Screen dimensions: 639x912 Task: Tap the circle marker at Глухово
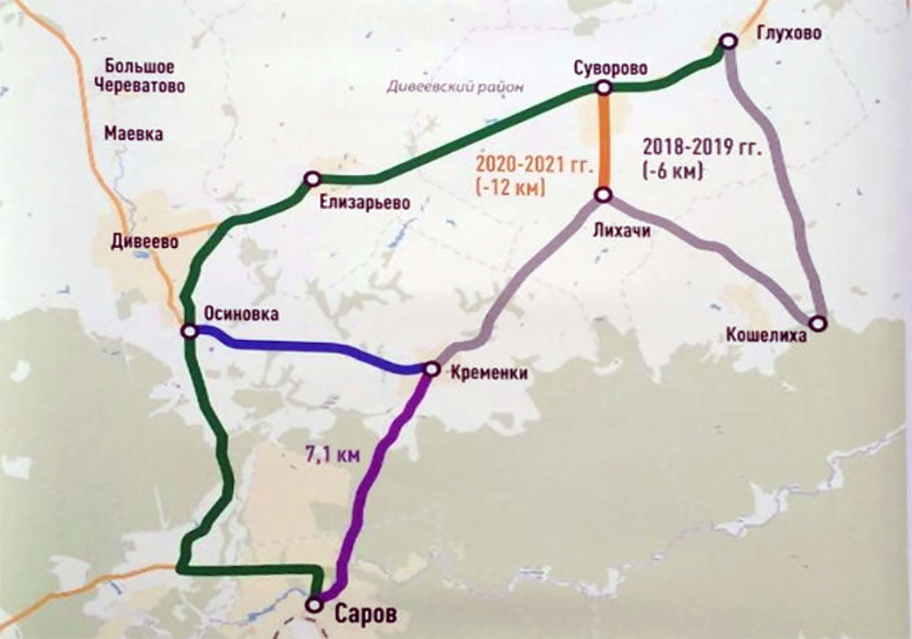pos(728,41)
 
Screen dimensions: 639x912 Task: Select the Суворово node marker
pos(603,88)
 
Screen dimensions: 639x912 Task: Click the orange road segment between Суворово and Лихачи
pos(603,141)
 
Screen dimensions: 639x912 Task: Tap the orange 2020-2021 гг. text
pos(534,168)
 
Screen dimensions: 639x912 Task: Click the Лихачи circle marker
pos(604,195)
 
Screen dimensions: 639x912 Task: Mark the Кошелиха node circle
pos(818,323)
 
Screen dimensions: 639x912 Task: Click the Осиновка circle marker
pos(189,333)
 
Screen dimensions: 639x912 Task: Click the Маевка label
pos(134,134)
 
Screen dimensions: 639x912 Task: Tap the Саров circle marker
pos(315,603)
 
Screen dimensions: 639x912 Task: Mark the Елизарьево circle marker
pos(311,180)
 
